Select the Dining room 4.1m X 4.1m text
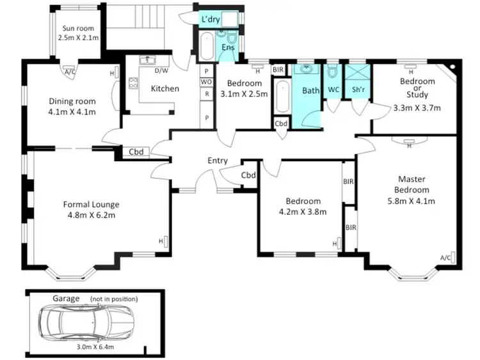pyautogui.click(x=72, y=107)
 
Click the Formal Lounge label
pyautogui.click(x=91, y=210)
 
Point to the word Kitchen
pyautogui.click(x=164, y=88)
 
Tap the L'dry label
pyautogui.click(x=211, y=20)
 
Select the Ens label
pyautogui.click(x=228, y=47)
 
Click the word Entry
pyautogui.click(x=218, y=160)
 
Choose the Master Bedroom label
pyautogui.click(x=412, y=190)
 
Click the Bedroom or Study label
pyautogui.click(x=417, y=94)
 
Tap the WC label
pyautogui.click(x=333, y=91)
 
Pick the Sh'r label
pyautogui.click(x=358, y=91)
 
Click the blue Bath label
pyautogui.click(x=310, y=91)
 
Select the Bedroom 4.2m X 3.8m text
pyautogui.click(x=303, y=207)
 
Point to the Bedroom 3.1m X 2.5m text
pyautogui.click(x=244, y=88)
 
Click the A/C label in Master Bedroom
pyautogui.click(x=446, y=258)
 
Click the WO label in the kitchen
pyautogui.click(x=207, y=82)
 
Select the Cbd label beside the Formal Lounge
pyautogui.click(x=136, y=152)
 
